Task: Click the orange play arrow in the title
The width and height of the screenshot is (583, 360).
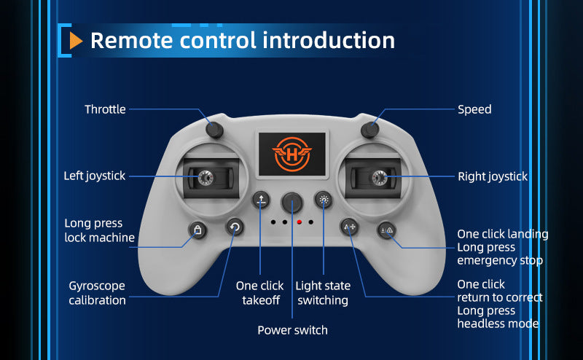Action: point(76,41)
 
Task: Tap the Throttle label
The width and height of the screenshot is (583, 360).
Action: point(105,109)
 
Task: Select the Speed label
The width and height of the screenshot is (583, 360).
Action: point(474,109)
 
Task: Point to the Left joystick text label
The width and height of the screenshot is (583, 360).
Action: point(95,176)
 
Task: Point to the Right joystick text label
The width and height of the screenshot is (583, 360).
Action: point(493,176)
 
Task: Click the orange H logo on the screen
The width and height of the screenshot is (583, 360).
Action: point(291,154)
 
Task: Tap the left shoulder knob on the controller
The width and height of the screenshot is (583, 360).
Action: point(214,130)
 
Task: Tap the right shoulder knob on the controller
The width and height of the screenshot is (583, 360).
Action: point(371,130)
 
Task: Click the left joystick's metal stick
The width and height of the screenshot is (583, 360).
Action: point(204,176)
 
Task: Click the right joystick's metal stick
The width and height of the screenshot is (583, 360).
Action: point(378,176)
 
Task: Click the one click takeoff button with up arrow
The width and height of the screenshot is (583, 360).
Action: point(261,200)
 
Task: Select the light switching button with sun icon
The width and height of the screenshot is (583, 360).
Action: point(324,200)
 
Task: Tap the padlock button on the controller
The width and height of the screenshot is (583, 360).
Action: point(197,230)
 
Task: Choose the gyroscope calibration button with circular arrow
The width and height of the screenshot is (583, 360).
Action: point(234,227)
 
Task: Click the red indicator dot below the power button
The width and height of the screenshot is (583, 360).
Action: point(299,221)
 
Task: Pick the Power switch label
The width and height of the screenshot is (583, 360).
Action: point(292,330)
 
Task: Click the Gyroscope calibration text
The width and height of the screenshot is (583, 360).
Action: point(97,293)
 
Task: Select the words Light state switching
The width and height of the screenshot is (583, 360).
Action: point(323,293)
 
